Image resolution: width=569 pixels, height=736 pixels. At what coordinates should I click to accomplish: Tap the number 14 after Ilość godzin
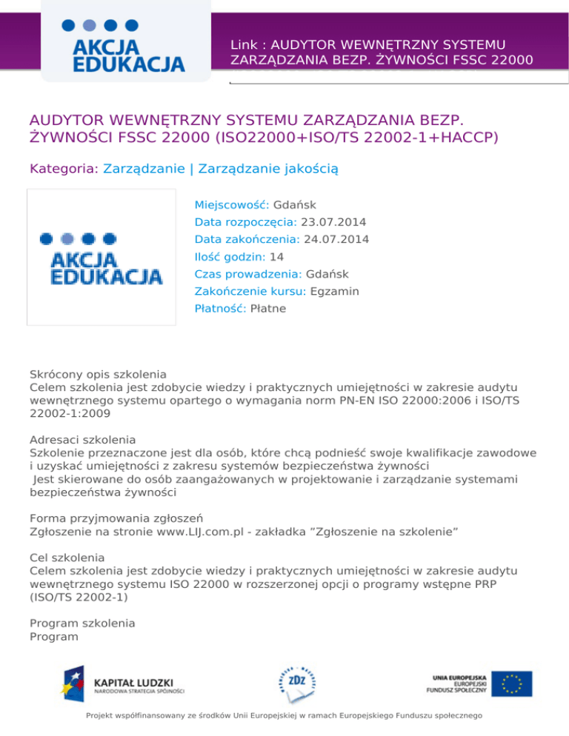click(277, 257)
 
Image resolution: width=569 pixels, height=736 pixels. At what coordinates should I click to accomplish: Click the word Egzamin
click(335, 292)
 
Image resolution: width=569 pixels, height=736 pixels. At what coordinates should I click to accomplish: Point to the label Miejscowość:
click(232, 204)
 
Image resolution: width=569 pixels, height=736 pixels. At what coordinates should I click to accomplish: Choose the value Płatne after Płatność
click(268, 309)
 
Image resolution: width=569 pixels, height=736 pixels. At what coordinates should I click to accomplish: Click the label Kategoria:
click(64, 170)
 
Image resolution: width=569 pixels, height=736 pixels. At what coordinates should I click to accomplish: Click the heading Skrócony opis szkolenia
click(98, 374)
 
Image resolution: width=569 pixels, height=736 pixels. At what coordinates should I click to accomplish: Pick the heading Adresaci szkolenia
click(82, 438)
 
